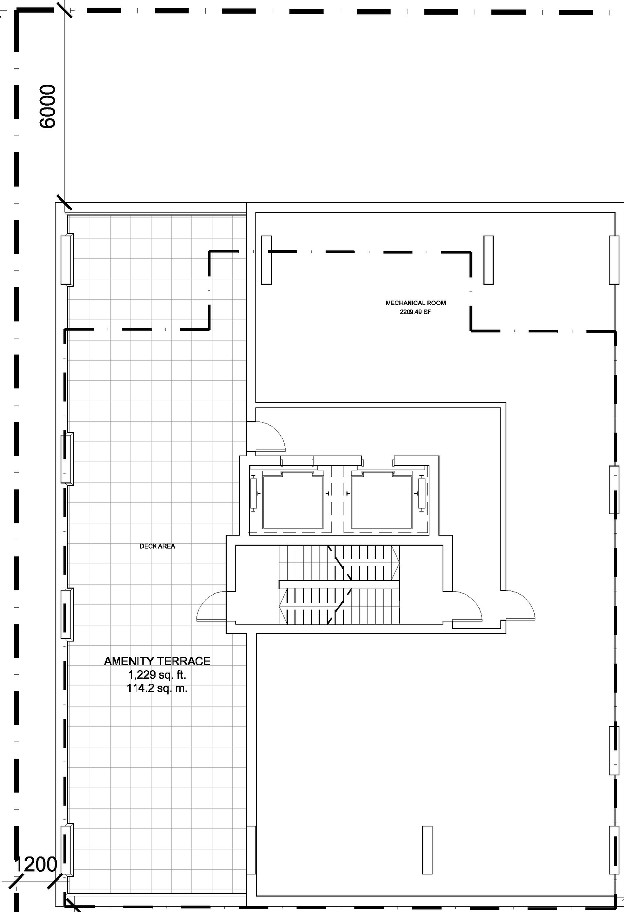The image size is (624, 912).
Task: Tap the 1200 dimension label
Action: (x=36, y=864)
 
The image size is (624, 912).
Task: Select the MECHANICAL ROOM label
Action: (x=415, y=303)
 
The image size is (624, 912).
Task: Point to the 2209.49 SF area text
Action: (x=415, y=312)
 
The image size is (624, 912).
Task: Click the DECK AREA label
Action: (x=157, y=546)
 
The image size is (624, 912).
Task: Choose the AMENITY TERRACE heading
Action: (x=157, y=661)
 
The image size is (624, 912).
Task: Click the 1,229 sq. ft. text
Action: (x=157, y=675)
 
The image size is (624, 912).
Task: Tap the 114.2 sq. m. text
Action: (x=157, y=688)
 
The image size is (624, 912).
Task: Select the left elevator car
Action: (x=293, y=502)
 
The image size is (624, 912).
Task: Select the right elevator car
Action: (x=382, y=502)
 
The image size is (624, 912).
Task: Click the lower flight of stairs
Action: (x=339, y=606)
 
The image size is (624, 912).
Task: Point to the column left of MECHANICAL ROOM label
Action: (x=266, y=260)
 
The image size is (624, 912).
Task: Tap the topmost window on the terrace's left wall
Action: (x=66, y=260)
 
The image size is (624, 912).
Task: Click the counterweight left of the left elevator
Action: (x=253, y=494)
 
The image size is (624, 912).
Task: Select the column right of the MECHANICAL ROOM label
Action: (x=488, y=260)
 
